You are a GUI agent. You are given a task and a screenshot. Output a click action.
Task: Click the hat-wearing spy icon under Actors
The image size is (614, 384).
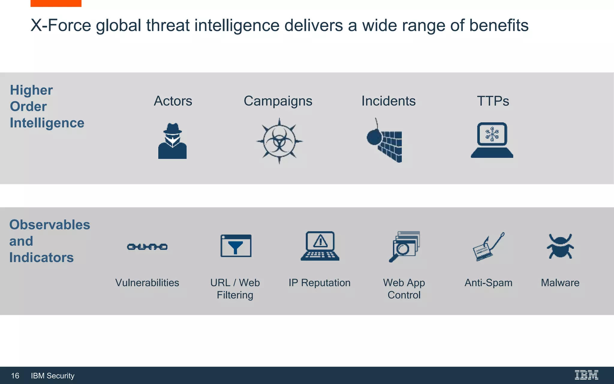(172, 141)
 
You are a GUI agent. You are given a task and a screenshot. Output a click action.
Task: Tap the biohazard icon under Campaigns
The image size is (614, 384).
(279, 141)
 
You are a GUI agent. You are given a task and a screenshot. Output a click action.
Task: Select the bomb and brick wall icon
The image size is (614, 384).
(385, 141)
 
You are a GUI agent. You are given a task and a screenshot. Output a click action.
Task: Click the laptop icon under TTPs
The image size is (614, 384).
(492, 140)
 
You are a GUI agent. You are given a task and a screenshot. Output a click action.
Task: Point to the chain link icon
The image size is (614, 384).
(147, 247)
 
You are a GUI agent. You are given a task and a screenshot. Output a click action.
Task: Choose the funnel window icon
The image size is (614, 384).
(236, 246)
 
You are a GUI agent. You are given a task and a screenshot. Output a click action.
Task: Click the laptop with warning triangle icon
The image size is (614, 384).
(320, 246)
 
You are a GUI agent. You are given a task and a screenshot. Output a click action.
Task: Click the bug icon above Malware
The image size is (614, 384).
(560, 246)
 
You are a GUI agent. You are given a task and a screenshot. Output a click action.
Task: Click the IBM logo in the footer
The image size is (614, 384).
(586, 375)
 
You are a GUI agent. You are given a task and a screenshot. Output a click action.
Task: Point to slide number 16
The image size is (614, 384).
(15, 376)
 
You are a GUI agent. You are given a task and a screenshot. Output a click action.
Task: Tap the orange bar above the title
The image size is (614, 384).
(56, 3)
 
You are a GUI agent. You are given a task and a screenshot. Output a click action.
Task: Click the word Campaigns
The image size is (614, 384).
(278, 101)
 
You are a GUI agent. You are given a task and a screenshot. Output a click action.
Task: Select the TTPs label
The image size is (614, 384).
(493, 101)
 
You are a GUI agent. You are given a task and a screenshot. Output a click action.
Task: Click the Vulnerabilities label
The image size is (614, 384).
(147, 283)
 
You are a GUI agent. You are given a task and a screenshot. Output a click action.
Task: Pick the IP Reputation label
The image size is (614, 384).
(320, 283)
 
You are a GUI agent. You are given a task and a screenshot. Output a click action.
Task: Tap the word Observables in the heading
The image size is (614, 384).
(50, 225)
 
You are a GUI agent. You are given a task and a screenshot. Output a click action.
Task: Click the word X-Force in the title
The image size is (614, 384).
(61, 25)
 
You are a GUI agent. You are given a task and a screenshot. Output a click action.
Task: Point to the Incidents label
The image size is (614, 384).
(389, 101)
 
